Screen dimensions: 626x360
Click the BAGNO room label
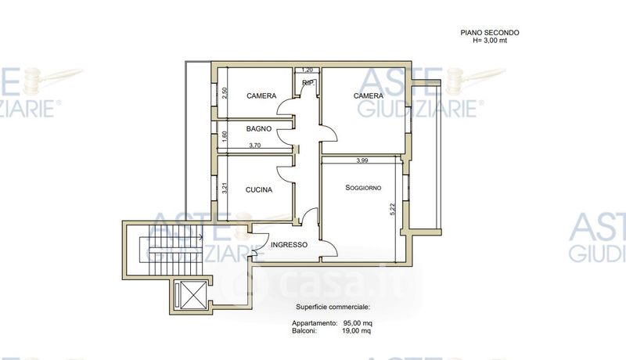259,129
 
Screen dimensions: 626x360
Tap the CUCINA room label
259,190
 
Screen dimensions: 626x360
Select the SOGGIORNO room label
363,188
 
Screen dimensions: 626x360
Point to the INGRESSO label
289,245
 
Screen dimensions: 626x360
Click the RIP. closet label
308,83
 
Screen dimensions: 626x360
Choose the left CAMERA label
261,95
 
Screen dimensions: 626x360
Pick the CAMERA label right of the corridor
368,95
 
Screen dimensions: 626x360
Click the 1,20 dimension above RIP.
307,70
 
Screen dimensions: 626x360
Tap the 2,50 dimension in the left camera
225,93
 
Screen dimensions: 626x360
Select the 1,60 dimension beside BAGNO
225,137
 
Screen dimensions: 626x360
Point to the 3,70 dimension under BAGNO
255,146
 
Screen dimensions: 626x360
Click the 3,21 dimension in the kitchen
225,189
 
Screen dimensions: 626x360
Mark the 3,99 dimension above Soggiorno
362,161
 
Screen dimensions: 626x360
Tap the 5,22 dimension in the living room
392,210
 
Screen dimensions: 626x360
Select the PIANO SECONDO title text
490,33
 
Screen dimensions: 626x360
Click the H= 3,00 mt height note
490,41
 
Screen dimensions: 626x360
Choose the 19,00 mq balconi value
357,331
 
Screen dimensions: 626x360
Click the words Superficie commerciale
333,308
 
